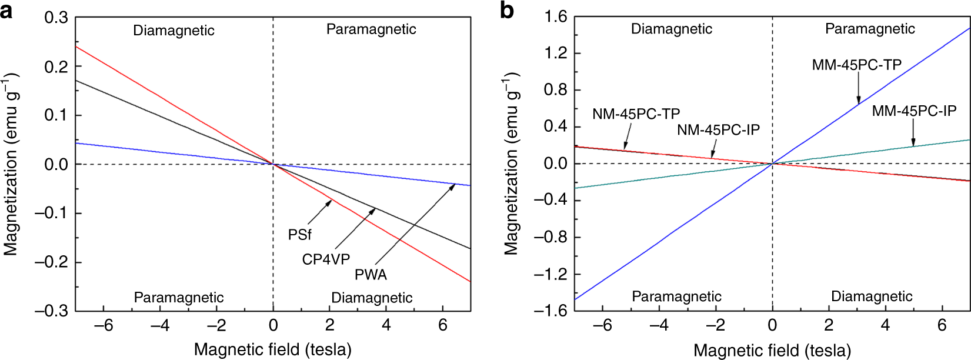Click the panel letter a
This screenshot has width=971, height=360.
(7, 10)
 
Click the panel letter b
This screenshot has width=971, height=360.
(506, 10)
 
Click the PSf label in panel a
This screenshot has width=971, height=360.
(299, 235)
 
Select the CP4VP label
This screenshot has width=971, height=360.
(326, 259)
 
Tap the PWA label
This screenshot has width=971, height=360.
(371, 275)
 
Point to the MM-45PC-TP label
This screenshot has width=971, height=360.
(856, 65)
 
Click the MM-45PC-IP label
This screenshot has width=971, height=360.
(914, 111)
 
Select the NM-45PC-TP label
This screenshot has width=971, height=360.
(636, 114)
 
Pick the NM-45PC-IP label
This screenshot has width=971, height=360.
(718, 130)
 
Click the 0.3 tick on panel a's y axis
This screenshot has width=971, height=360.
(56, 18)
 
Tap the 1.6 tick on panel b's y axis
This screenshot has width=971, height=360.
(555, 17)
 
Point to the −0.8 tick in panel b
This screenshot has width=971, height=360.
(550, 238)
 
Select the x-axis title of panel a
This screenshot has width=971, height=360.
(272, 350)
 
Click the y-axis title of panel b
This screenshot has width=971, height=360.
(510, 164)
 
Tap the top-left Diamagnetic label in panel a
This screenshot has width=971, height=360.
(173, 31)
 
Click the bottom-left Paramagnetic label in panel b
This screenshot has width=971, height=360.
(676, 296)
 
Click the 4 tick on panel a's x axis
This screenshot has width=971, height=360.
(386, 325)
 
